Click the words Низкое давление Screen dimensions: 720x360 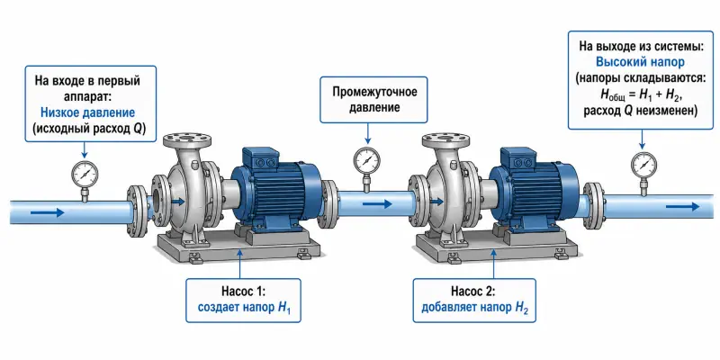coord(87,112)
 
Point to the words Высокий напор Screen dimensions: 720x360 coord(641,62)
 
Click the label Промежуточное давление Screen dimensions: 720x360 coord(374,100)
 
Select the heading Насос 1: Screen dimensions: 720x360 coord(243,292)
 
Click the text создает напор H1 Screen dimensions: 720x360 coord(243,308)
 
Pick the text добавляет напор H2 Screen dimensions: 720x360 coord(475,308)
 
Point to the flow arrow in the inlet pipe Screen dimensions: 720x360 coord(48,212)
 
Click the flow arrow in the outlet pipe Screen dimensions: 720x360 coord(683,207)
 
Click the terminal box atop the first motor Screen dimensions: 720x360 coord(260,158)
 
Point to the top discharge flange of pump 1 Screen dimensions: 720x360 coord(187,138)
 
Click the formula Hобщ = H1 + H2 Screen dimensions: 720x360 coord(640,95)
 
